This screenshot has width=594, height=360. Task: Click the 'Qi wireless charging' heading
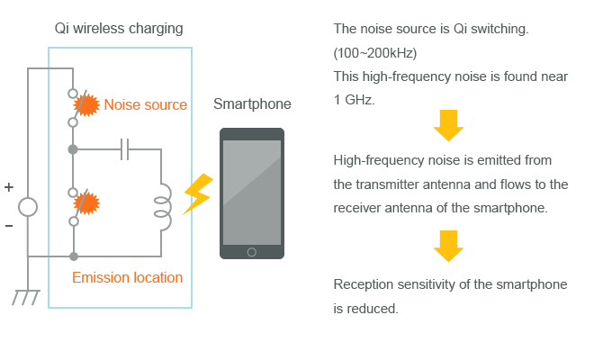pyautogui.click(x=118, y=29)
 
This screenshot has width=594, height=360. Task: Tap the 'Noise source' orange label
pyautogui.click(x=145, y=105)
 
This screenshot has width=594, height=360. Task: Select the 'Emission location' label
pyautogui.click(x=127, y=277)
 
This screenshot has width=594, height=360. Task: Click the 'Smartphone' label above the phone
pyautogui.click(x=252, y=104)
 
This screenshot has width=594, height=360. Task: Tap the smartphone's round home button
pyautogui.click(x=252, y=251)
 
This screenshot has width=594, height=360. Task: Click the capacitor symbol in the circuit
pyautogui.click(x=125, y=149)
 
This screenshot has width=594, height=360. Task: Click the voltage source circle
pyautogui.click(x=28, y=207)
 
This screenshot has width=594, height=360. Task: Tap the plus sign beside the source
pyautogui.click(x=9, y=188)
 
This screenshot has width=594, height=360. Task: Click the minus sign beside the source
pyautogui.click(x=9, y=225)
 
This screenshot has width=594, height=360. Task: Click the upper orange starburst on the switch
pyautogui.click(x=85, y=104)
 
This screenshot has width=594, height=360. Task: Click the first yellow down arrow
pyautogui.click(x=448, y=126)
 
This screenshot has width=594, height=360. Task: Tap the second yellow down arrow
pyautogui.click(x=448, y=245)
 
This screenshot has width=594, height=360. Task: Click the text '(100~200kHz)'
pyautogui.click(x=374, y=53)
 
